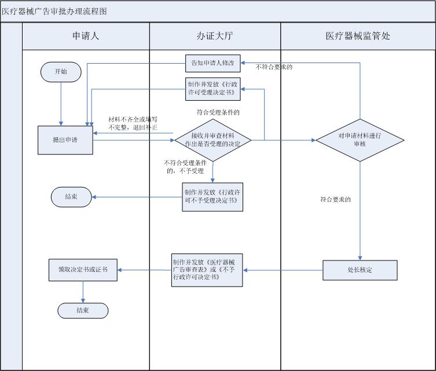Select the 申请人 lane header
pos(86,36)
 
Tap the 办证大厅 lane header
pos(215,36)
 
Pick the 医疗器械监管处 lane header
pos(358,36)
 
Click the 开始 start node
pos(61,72)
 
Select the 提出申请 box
pos(65,140)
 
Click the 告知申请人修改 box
pos(212,63)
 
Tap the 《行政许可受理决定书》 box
pos(212,89)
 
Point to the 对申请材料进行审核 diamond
pos(360,139)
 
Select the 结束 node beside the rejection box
pos(72,197)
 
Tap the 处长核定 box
pos(360,270)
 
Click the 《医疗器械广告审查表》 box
pos(207,270)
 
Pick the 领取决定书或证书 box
pos(83,270)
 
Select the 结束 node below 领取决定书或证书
pos(83,311)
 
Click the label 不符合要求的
pos(274,67)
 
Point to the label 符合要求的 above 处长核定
pos(336,199)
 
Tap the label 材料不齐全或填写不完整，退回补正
pos(133,123)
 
